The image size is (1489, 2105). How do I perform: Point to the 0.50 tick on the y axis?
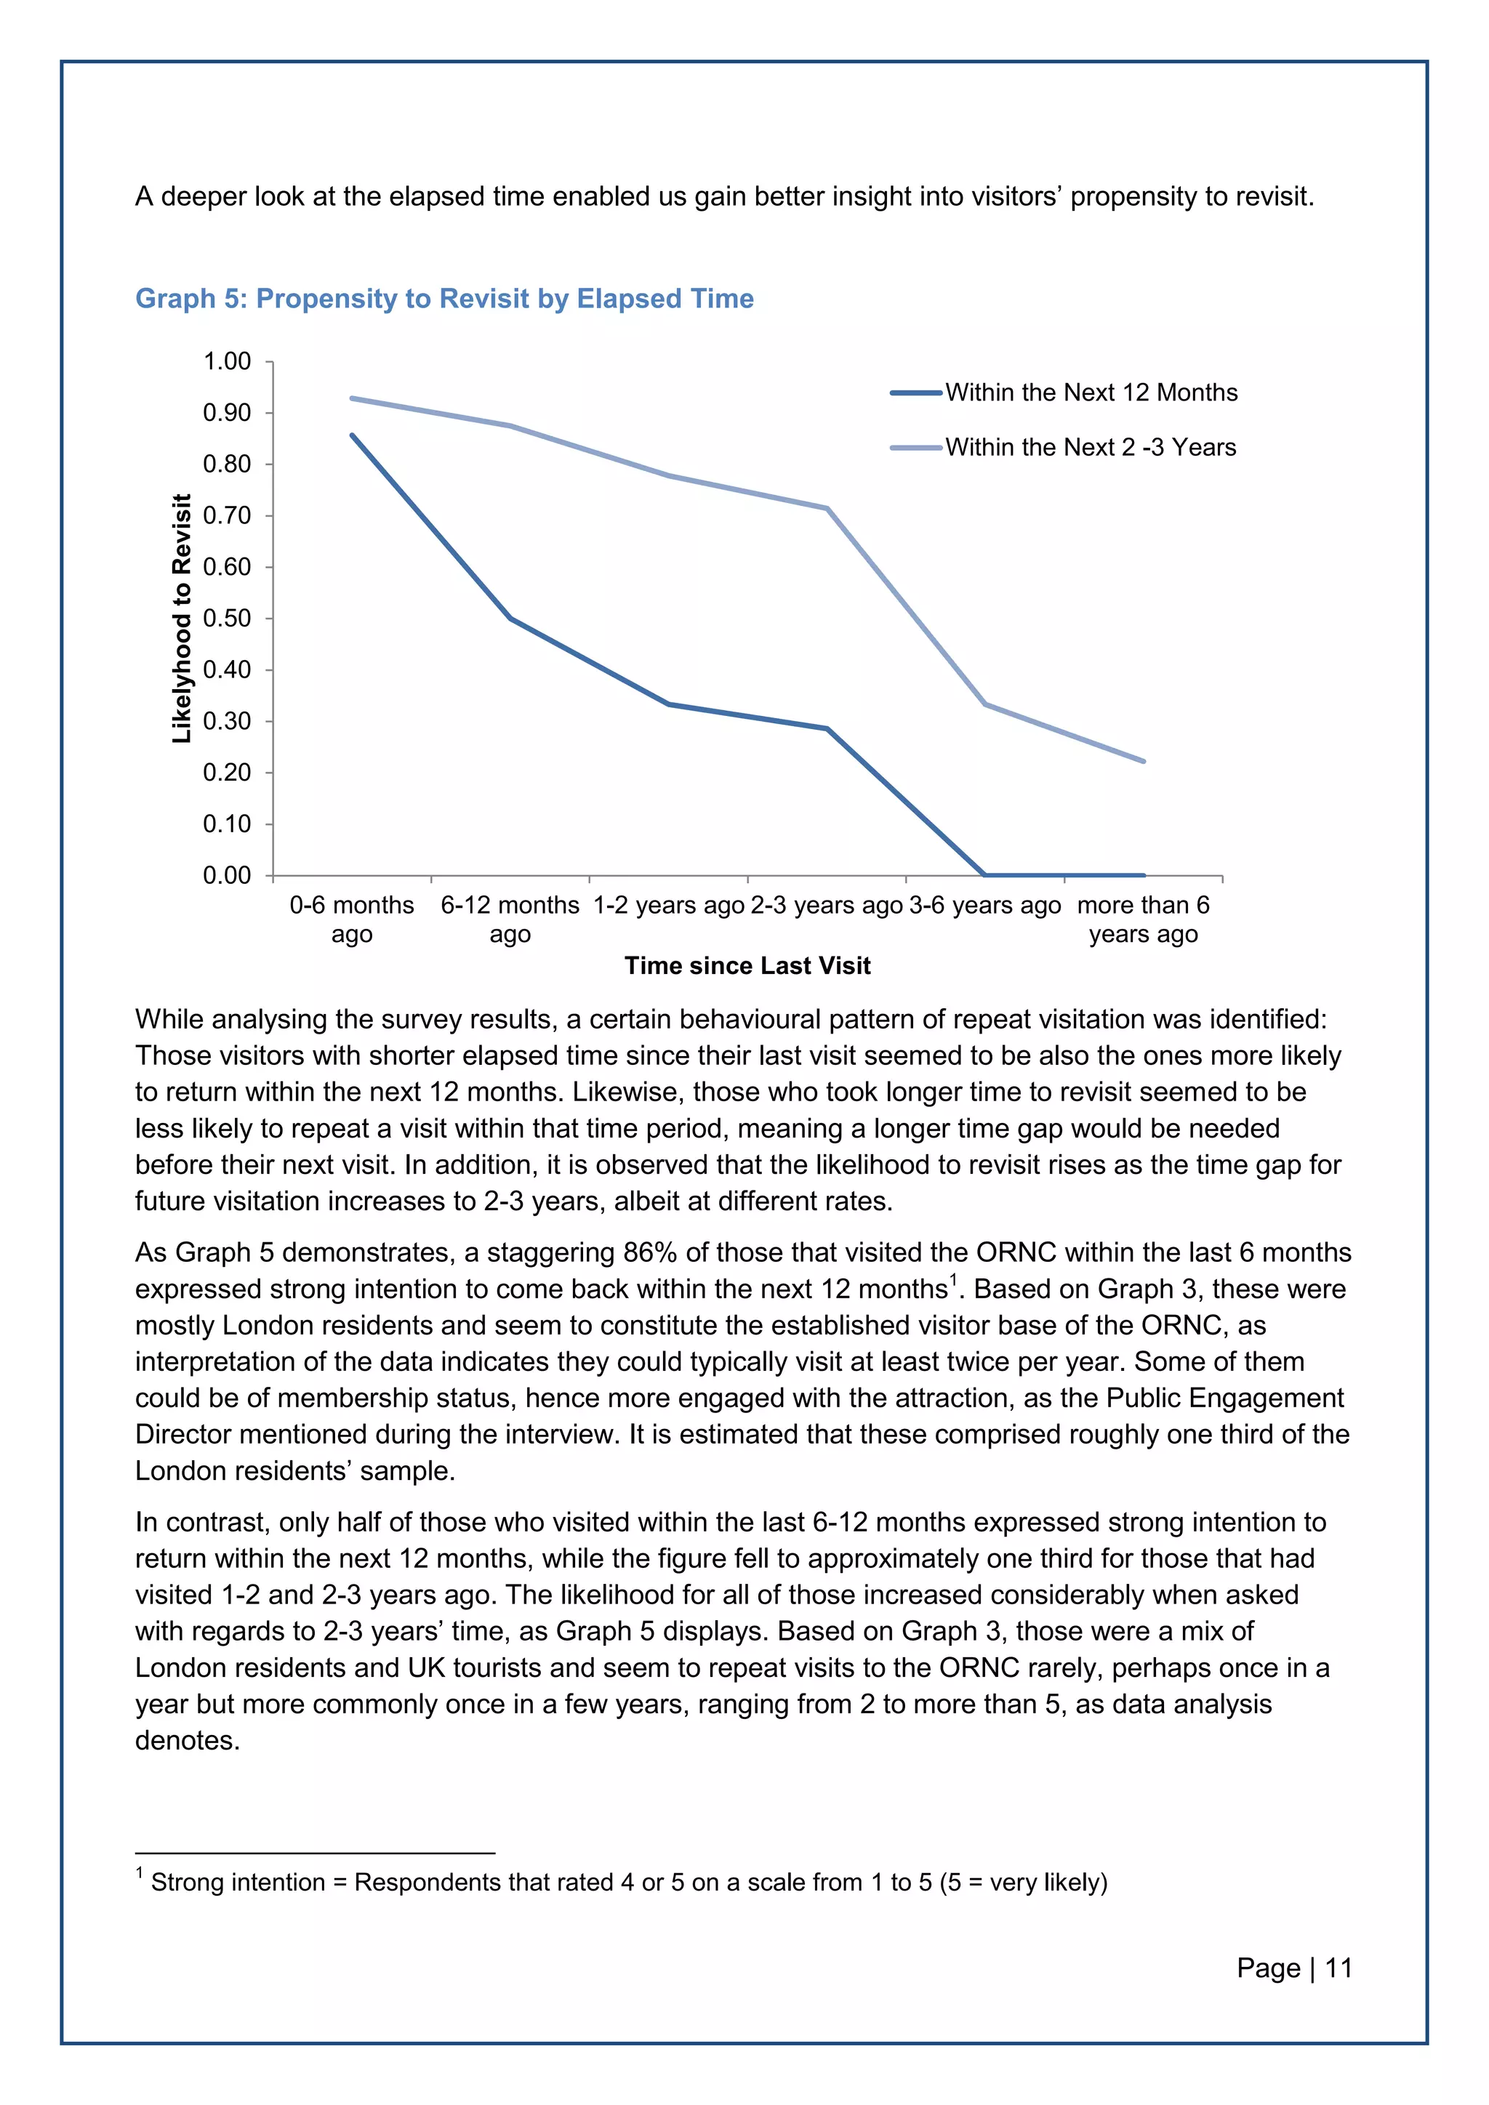coord(226,619)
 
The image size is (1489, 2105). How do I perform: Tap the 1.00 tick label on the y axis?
coord(226,361)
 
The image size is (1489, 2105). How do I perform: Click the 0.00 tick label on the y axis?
coord(226,876)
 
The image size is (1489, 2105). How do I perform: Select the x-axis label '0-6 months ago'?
coord(352,919)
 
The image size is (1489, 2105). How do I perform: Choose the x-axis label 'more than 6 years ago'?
coord(1144,919)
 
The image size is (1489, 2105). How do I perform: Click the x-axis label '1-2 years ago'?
coord(668,906)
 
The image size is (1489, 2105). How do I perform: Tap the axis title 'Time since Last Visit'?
coord(747,965)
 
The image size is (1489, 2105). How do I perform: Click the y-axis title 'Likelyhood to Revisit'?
coord(182,619)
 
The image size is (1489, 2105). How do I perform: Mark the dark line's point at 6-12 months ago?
coord(510,619)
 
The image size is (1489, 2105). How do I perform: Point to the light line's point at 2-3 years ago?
coord(827,508)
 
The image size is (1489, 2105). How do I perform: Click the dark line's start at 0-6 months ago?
coord(352,435)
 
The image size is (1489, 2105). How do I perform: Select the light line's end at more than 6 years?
coord(1144,761)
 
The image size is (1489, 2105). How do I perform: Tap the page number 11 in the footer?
coord(1339,1968)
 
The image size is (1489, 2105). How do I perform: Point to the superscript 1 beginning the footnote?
coord(140,1872)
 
